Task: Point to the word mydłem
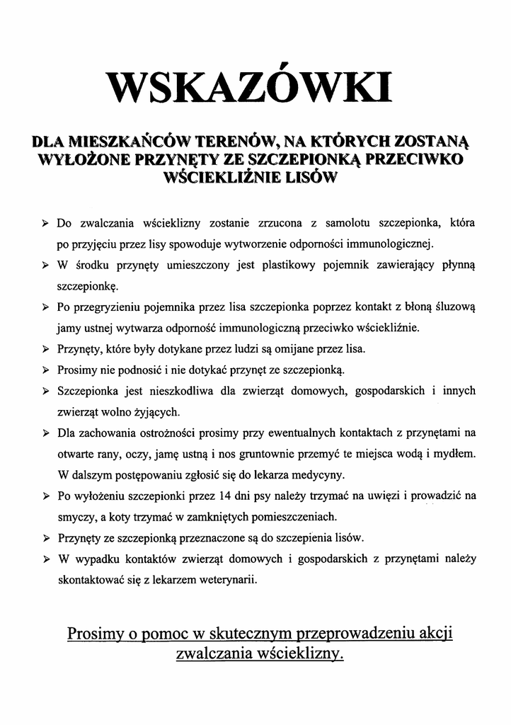click(x=457, y=452)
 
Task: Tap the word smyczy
click(x=73, y=515)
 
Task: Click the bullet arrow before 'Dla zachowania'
click(x=45, y=433)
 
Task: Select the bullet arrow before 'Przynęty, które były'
click(x=45, y=350)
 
